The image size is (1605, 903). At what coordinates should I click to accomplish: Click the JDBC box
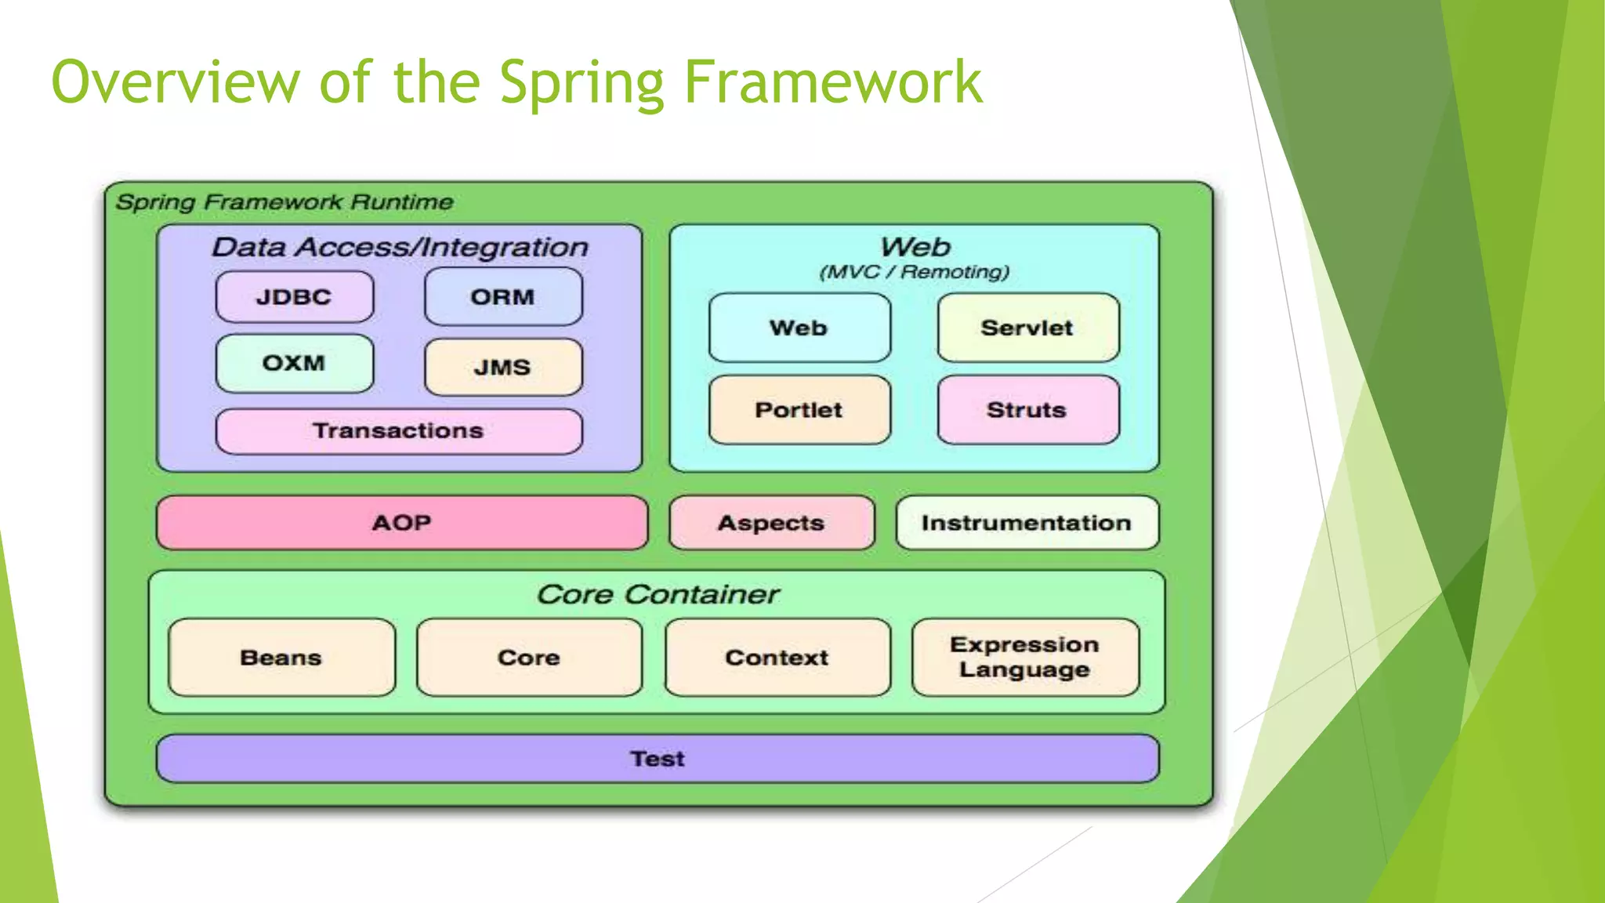294,297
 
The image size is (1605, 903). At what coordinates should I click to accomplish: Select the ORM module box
503,297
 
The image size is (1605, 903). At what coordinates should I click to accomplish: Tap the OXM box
294,364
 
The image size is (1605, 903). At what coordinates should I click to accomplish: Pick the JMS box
503,367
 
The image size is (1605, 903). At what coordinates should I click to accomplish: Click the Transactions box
399,431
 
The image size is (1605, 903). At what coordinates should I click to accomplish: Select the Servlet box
1027,328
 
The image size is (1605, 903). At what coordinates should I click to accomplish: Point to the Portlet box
799,410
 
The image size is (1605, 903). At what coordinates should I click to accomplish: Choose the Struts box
1027,410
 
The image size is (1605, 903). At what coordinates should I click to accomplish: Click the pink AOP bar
402,523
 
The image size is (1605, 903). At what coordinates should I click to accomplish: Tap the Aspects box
771,523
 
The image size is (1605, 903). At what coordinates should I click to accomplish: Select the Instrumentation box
1027,523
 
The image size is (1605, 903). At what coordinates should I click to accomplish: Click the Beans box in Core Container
281,658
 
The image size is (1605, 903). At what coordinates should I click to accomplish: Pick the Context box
777,658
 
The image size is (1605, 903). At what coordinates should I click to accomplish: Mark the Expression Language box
1024,657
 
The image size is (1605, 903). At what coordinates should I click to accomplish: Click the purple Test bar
658,759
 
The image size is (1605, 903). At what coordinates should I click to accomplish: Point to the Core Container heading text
658,595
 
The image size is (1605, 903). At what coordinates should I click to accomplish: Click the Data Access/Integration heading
400,248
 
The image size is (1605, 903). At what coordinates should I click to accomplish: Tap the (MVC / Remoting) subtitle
914,272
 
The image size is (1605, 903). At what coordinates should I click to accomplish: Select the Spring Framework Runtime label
284,202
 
